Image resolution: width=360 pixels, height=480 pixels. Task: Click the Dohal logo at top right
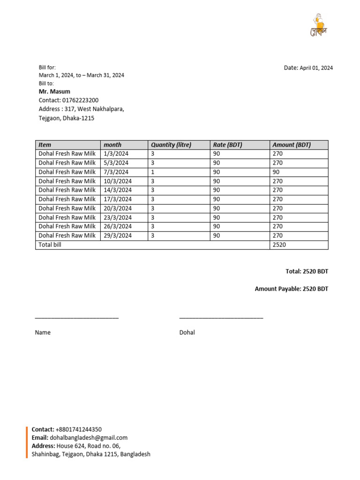click(318, 25)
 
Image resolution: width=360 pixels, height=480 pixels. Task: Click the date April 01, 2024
click(316, 68)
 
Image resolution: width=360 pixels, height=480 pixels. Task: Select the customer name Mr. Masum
click(54, 91)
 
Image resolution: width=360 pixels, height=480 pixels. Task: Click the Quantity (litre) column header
click(171, 145)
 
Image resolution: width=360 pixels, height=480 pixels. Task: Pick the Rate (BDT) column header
click(227, 145)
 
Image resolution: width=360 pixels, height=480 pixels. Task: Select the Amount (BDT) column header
click(292, 145)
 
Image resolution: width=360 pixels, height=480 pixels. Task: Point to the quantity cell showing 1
click(153, 172)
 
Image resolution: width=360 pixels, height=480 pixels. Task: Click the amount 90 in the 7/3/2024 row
click(276, 172)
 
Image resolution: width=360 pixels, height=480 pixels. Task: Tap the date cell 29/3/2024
click(118, 236)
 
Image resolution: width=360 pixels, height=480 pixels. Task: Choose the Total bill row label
click(50, 245)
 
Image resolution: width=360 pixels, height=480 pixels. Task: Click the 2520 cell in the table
click(279, 245)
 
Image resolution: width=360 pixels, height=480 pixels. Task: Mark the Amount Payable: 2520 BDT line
click(292, 289)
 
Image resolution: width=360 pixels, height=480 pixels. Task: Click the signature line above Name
click(77, 318)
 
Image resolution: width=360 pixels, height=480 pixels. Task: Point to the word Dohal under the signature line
click(187, 332)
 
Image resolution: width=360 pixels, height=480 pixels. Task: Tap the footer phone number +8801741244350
click(78, 429)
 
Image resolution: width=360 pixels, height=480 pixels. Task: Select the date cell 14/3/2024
click(118, 190)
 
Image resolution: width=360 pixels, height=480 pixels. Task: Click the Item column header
click(45, 145)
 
